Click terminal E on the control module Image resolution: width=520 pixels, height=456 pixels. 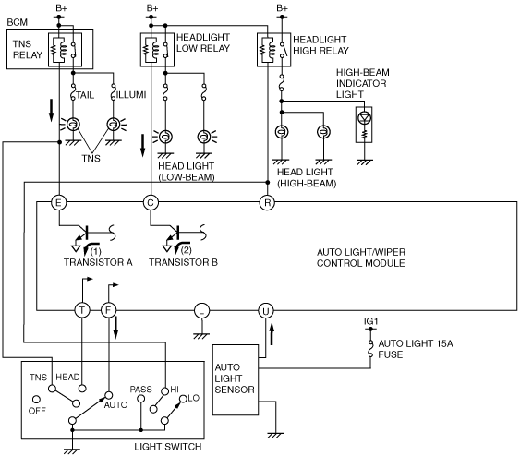pos(59,202)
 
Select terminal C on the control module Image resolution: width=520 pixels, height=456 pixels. pos(151,202)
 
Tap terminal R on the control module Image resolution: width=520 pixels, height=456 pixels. pos(267,202)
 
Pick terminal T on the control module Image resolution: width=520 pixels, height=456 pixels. pos(82,310)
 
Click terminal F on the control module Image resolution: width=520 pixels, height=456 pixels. pos(108,310)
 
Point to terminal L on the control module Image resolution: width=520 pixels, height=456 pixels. pos(201,310)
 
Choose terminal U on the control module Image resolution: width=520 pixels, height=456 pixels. pos(266,310)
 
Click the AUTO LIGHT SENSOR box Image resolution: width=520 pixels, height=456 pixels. pos(236,379)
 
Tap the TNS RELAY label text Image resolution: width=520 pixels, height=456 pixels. pos(28,49)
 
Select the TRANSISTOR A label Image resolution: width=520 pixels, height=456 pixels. pos(98,262)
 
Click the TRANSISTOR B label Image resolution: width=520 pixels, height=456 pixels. pos(184,262)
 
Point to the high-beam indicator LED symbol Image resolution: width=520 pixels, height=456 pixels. pos(364,117)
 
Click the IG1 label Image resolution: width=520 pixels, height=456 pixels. pos(370,321)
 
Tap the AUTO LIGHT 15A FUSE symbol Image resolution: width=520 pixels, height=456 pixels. pos(370,348)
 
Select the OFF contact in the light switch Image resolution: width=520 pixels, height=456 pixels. pos(36,400)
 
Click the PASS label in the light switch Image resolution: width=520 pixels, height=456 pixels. pos(141,389)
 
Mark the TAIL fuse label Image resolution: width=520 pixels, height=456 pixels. pos(85,95)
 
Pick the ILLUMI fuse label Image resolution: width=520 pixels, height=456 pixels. pos(131,95)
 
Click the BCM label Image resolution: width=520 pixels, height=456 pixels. pos(18,22)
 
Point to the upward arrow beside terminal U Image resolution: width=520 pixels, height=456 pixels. pos(272,334)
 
